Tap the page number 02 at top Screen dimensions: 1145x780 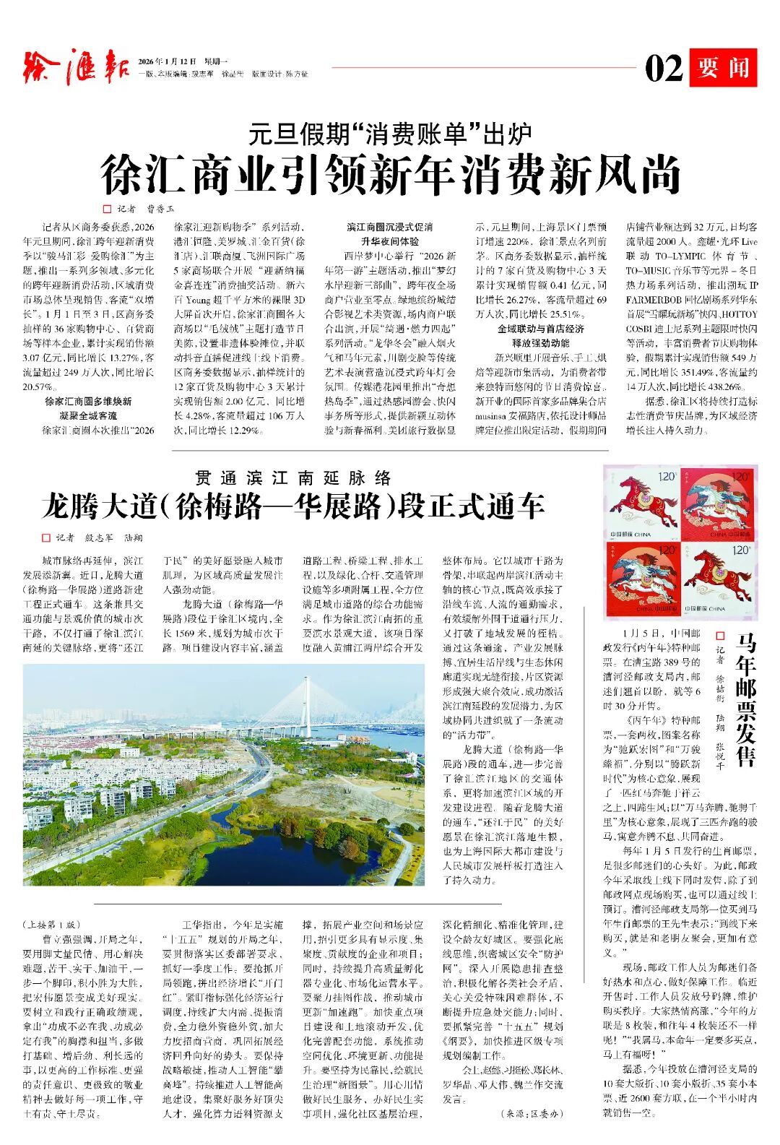pos(663,69)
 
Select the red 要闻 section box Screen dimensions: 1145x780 pos(722,68)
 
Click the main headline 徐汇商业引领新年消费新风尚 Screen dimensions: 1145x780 pos(391,175)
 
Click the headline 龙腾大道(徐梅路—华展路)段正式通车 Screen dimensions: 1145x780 pos(292,506)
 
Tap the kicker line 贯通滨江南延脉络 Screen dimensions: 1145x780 pos(292,478)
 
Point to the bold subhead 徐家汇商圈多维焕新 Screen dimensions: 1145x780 pos(88,401)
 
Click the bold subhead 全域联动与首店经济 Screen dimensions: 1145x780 pos(540,329)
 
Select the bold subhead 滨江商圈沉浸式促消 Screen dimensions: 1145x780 pos(390,227)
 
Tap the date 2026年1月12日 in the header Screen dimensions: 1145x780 pos(167,61)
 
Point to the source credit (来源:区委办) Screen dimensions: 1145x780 pos(531,1114)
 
